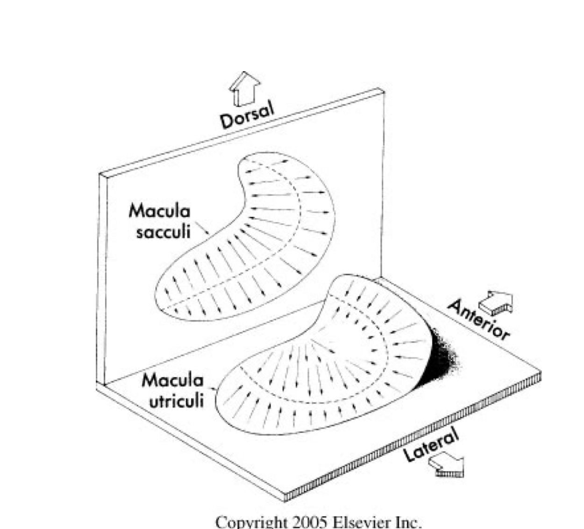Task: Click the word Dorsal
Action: click(246, 114)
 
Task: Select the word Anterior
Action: click(478, 320)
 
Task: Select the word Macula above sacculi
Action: click(160, 211)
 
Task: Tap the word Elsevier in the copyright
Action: click(358, 522)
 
